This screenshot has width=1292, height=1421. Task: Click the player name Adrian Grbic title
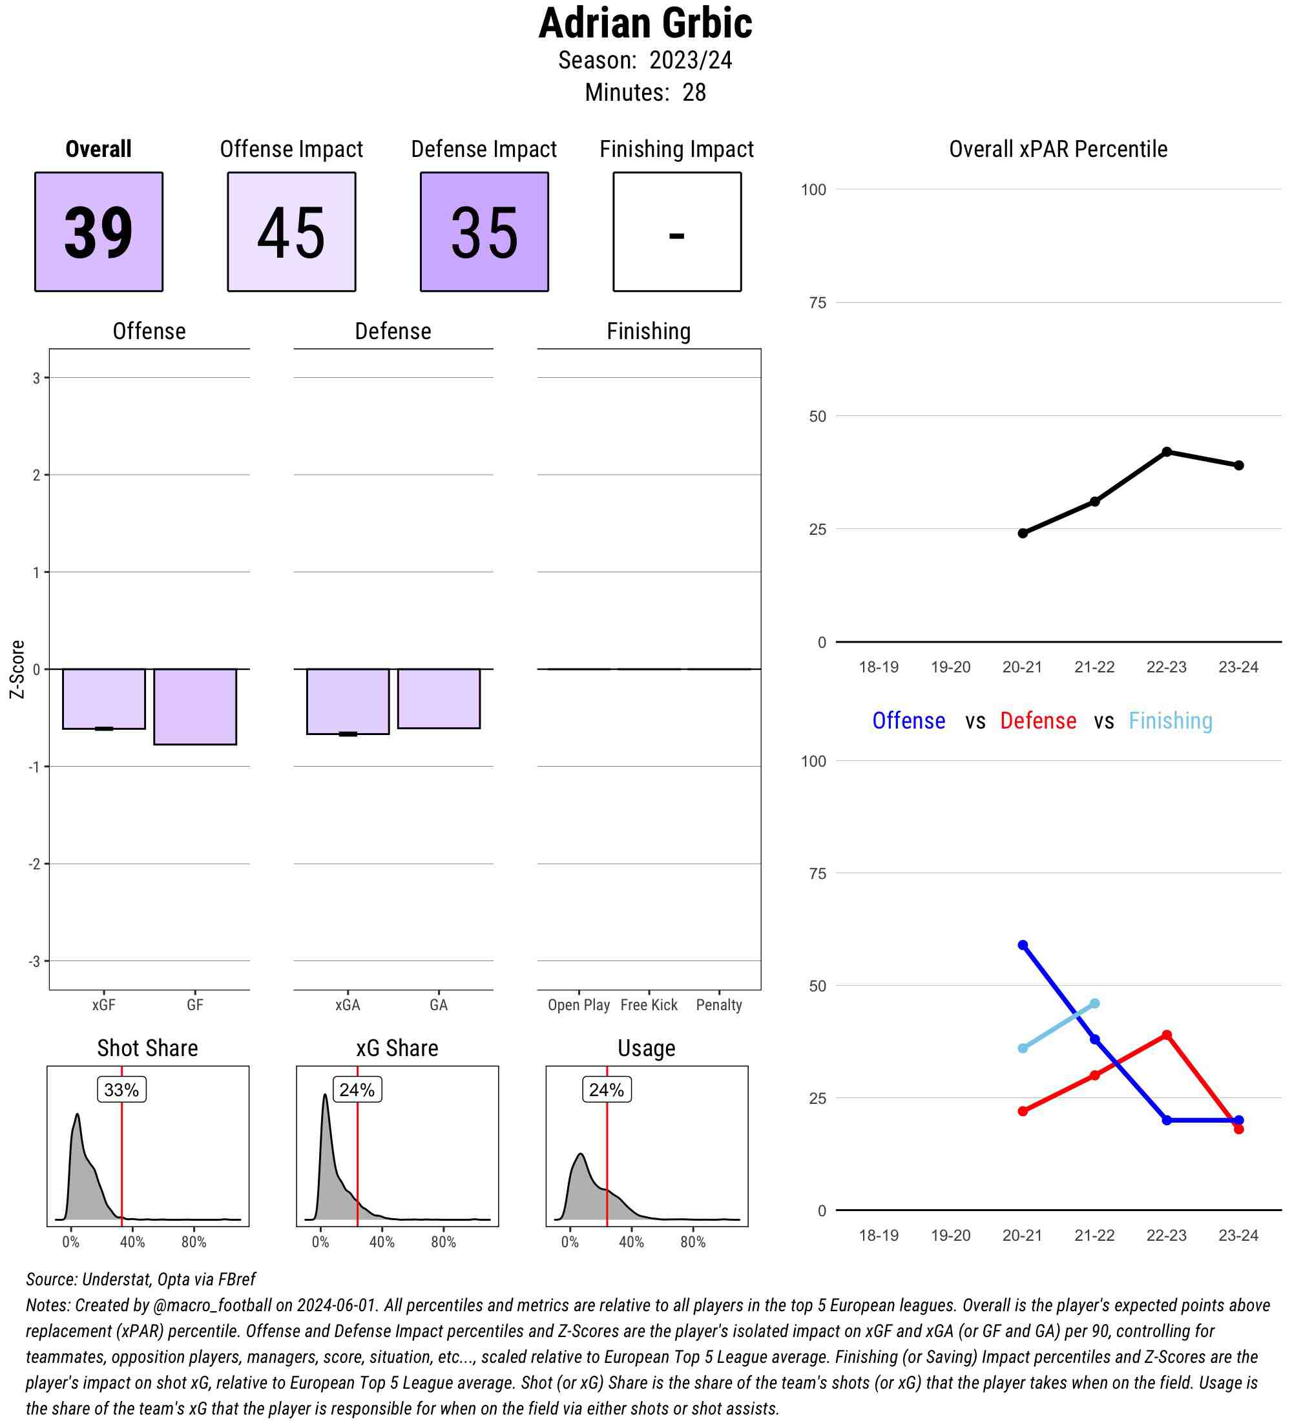(x=645, y=23)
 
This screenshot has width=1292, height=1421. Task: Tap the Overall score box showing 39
(x=99, y=231)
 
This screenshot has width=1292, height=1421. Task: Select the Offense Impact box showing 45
(x=291, y=231)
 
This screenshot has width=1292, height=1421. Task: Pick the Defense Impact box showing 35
(x=484, y=231)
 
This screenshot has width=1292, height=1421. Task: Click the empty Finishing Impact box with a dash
(x=676, y=231)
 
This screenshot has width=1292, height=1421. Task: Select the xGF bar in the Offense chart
(x=103, y=698)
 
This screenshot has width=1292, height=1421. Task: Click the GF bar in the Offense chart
(x=194, y=706)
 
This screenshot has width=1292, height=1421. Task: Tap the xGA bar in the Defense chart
(x=348, y=701)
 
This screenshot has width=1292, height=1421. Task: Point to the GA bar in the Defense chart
(x=439, y=698)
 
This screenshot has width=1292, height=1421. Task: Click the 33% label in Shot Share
(x=121, y=1090)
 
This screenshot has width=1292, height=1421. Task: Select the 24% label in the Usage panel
(x=606, y=1090)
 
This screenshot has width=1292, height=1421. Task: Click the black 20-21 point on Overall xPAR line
(x=1023, y=533)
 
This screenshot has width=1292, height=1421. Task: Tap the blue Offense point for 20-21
(x=1023, y=945)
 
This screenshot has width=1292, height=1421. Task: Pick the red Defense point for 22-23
(x=1167, y=1035)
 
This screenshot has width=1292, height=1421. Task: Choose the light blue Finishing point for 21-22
(x=1094, y=1003)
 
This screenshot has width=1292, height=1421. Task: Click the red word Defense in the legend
(x=1037, y=720)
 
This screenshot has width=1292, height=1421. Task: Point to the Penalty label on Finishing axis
(x=718, y=1004)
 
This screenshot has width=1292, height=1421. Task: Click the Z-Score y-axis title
(x=17, y=669)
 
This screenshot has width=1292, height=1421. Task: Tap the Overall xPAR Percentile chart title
(x=1058, y=149)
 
